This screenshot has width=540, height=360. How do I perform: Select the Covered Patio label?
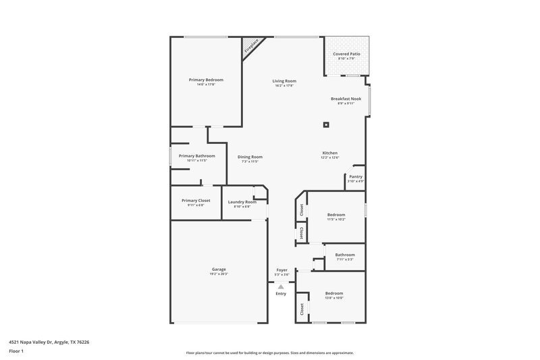click(x=346, y=55)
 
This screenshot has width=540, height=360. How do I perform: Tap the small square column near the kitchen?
click(x=326, y=124)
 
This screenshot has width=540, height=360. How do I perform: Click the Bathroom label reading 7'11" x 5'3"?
click(x=345, y=256)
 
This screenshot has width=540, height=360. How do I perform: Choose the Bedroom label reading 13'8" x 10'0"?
click(x=334, y=294)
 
